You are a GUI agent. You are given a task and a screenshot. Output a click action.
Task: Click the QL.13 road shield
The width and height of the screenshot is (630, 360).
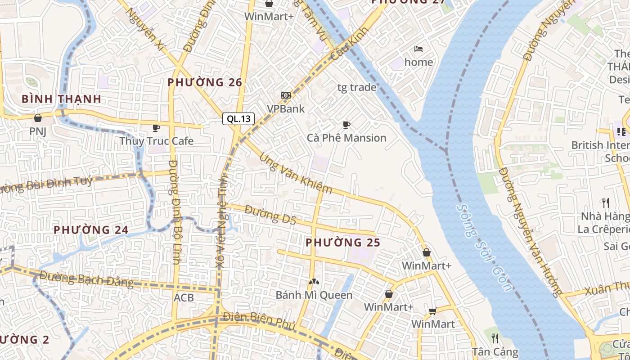[238, 119]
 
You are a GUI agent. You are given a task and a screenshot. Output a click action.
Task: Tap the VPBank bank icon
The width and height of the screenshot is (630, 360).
[286, 95]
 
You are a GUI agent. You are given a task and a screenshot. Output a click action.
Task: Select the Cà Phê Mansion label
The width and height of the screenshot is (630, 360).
[346, 138]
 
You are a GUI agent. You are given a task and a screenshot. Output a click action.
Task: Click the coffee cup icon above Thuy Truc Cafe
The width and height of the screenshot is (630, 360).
[156, 128]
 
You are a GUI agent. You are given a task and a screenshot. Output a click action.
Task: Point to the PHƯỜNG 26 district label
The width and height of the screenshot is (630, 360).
[205, 82]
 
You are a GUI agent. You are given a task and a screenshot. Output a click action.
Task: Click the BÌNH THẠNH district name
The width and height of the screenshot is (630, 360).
[61, 99]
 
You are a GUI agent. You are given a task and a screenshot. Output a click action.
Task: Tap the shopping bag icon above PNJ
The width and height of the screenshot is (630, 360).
[38, 118]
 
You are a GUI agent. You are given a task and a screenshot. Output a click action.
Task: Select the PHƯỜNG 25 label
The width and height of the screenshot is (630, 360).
[343, 243]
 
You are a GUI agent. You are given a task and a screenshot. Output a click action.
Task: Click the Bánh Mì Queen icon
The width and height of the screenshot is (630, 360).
[314, 282]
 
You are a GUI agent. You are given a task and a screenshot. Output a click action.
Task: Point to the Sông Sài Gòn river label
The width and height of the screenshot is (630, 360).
[484, 247]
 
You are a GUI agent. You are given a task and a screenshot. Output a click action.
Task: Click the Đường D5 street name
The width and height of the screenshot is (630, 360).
[271, 215]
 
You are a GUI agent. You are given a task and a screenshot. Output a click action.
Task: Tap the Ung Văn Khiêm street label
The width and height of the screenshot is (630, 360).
[295, 174]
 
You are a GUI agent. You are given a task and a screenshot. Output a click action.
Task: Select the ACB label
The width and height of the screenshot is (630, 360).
[184, 297]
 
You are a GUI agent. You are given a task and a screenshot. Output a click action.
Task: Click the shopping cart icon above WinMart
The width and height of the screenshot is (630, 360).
[433, 311]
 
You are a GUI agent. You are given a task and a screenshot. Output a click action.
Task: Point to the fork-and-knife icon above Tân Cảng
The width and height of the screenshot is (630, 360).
[495, 338]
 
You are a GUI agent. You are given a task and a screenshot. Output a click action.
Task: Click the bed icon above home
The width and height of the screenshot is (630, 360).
[418, 49]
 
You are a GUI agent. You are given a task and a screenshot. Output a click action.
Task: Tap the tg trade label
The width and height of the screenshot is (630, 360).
[357, 87]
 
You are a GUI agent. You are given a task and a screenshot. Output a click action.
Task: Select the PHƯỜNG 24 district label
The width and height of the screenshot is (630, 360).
[91, 230]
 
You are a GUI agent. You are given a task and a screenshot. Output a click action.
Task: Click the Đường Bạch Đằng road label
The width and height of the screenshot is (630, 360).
[86, 279]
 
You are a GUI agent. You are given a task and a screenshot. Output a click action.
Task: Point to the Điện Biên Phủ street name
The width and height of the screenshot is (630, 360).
[259, 321]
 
